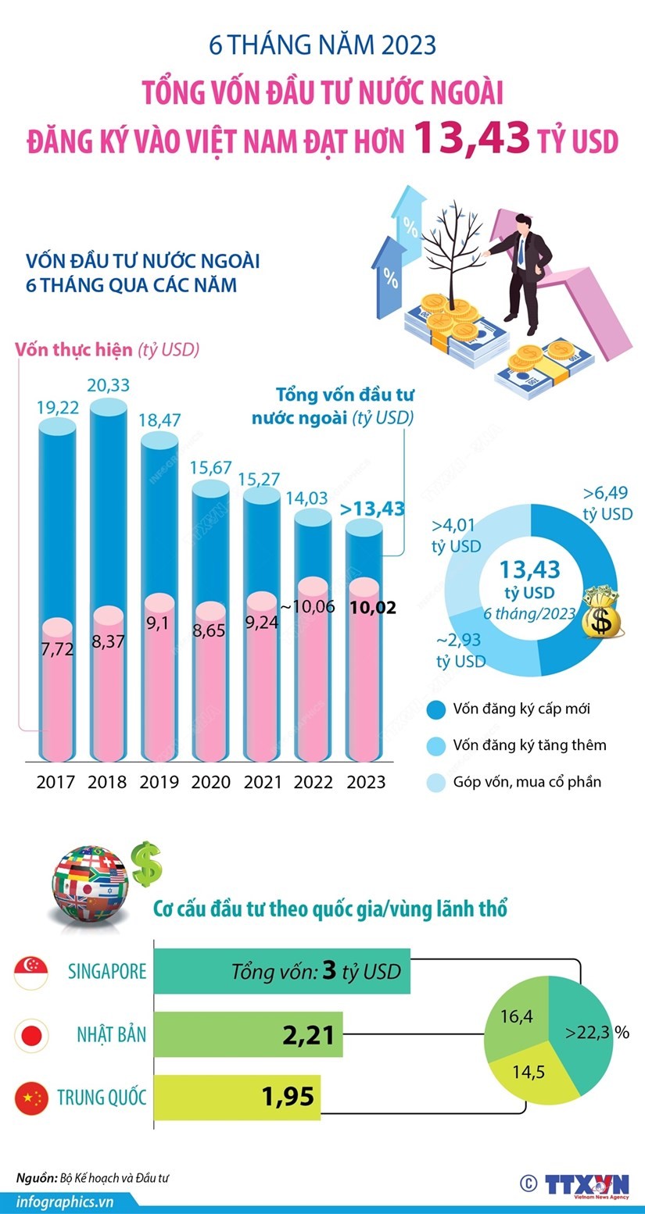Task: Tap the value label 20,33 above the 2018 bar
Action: tap(109, 385)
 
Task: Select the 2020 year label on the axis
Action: tap(211, 782)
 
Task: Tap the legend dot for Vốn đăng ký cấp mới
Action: tap(435, 709)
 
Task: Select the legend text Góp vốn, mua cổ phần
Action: tap(527, 781)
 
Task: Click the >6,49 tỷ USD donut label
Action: tap(607, 503)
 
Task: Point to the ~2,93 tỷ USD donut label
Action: tap(460, 651)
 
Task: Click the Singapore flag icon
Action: tap(31, 972)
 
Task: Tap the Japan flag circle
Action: tap(31, 1036)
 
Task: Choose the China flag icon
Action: tap(31, 1098)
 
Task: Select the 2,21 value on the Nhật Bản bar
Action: tap(308, 1036)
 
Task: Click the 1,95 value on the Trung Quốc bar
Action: tap(288, 1097)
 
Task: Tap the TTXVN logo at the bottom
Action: tap(587, 1184)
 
